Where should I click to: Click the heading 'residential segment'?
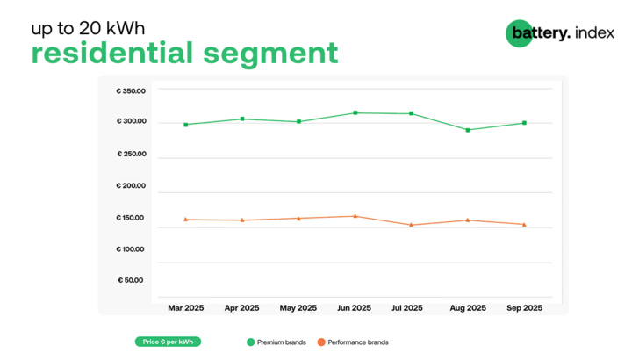click(x=184, y=54)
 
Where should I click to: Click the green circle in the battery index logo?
click(x=519, y=33)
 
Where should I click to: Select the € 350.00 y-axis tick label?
click(x=131, y=90)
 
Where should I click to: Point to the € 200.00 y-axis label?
click(x=131, y=186)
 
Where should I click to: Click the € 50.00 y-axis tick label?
click(x=133, y=281)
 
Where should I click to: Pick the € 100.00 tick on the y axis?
click(x=131, y=249)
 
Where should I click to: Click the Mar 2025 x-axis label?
click(x=185, y=308)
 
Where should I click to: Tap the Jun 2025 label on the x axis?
click(x=355, y=308)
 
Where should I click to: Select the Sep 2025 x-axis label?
click(x=524, y=308)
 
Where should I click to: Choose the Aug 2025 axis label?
click(x=468, y=308)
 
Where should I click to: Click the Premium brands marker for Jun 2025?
click(x=355, y=112)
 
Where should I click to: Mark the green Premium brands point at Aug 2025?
click(x=468, y=130)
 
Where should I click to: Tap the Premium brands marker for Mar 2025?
click(x=185, y=125)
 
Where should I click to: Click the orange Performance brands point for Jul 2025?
click(x=411, y=225)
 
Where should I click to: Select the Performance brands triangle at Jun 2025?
click(x=355, y=216)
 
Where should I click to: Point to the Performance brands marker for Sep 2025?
click(x=524, y=225)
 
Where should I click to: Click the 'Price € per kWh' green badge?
click(x=169, y=342)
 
